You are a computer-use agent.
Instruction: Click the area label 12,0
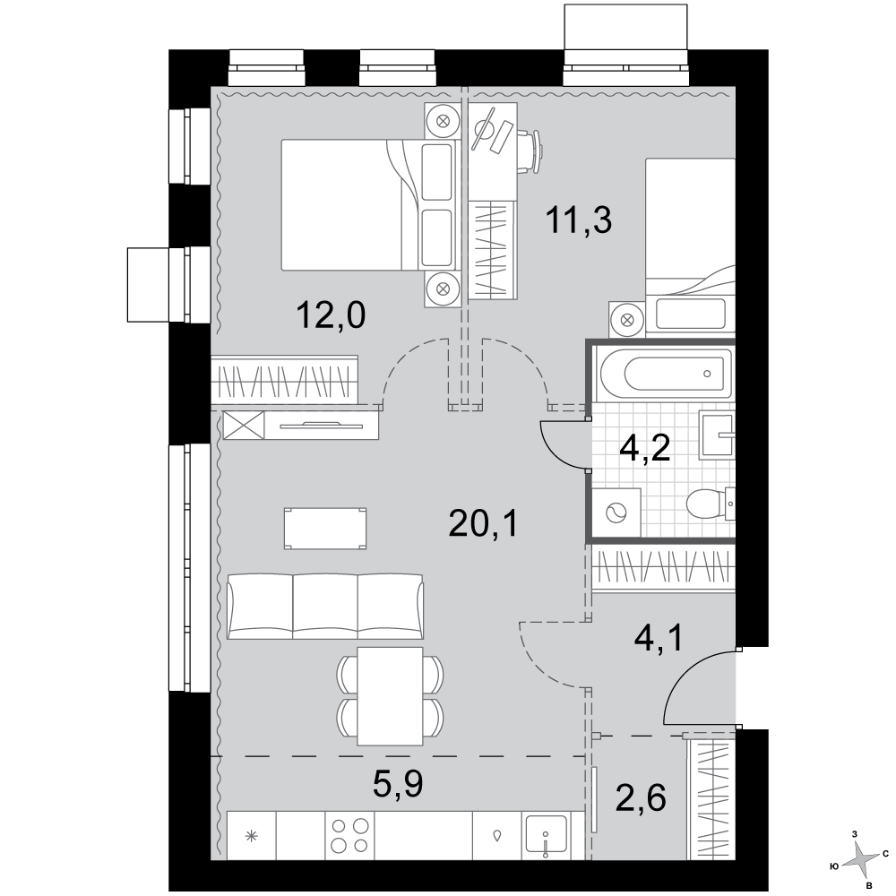tap(331, 315)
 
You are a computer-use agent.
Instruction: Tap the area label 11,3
tap(578, 220)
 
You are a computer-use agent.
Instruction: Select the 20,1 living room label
tap(484, 523)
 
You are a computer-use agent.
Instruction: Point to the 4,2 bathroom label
tap(645, 449)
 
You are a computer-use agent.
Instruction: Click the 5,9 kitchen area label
tap(398, 784)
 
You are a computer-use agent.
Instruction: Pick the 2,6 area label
tap(641, 798)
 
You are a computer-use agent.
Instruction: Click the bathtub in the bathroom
tap(663, 375)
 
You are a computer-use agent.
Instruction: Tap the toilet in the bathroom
tap(710, 504)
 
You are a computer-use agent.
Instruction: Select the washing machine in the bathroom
tap(616, 513)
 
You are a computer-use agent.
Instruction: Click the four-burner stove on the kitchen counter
tap(350, 835)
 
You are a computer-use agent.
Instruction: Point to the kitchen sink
tap(547, 836)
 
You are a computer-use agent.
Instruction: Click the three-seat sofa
tap(325, 607)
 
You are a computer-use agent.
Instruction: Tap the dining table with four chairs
tap(391, 696)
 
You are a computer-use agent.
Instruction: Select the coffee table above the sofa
tap(325, 529)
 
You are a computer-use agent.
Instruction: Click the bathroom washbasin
tap(717, 436)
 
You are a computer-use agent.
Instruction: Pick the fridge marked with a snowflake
tap(252, 836)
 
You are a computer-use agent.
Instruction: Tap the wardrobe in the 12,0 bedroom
tap(285, 379)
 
